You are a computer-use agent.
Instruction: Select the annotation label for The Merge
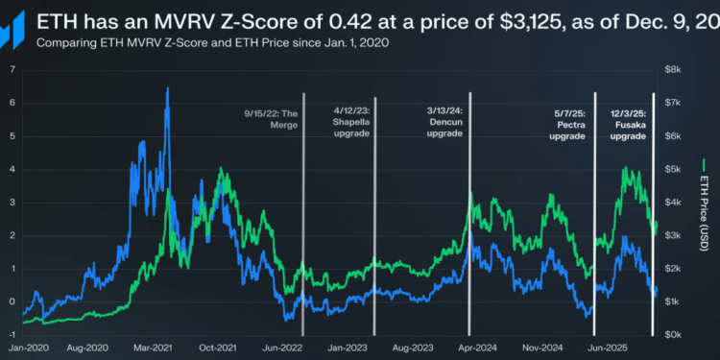point(274,119)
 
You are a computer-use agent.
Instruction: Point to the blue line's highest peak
point(168,88)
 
